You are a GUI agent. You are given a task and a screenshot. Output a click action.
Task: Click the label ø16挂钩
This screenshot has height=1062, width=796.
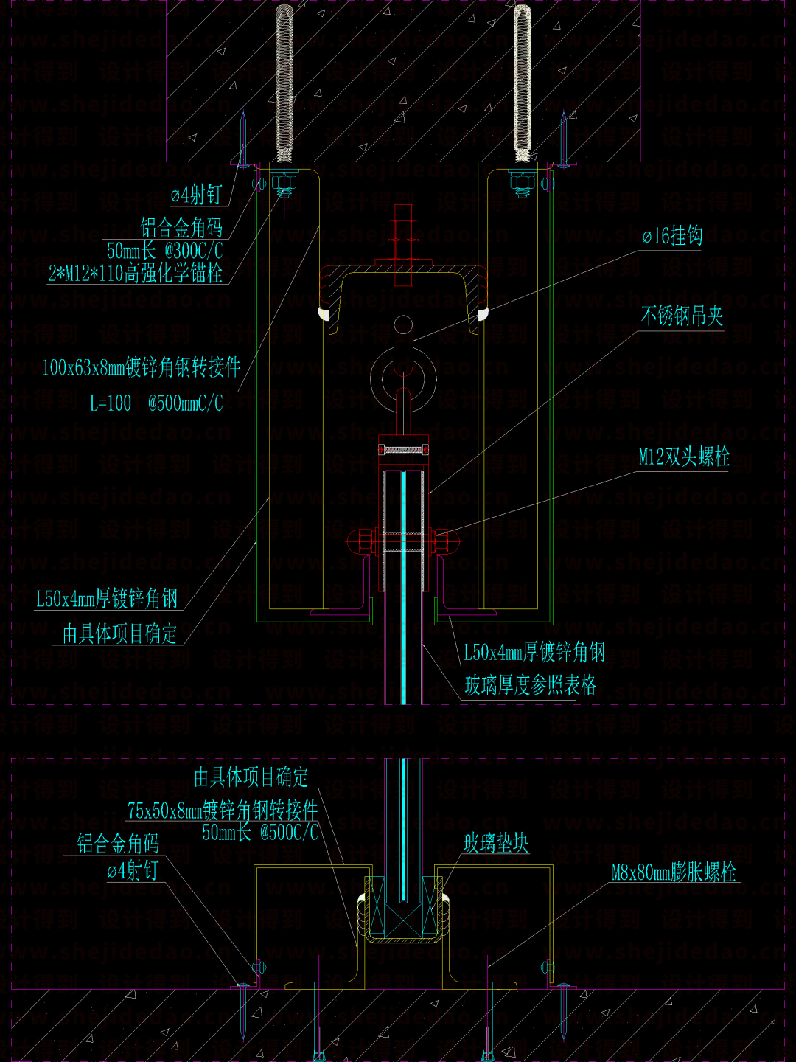(x=671, y=236)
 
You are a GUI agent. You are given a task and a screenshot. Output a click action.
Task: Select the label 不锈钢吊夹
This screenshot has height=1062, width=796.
(x=682, y=316)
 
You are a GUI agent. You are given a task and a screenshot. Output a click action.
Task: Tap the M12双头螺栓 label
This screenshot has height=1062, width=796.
(x=684, y=457)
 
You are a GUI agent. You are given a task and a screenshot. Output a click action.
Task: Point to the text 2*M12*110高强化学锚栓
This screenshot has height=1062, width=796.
(x=136, y=274)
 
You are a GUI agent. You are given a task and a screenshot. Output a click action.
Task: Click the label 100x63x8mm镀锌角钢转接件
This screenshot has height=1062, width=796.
(x=142, y=367)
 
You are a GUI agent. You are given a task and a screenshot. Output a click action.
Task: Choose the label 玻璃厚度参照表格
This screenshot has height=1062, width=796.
(x=530, y=685)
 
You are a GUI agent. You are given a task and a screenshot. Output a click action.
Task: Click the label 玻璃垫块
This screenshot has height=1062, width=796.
(x=496, y=843)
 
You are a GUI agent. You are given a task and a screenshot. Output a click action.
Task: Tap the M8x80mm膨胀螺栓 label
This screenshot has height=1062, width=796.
(x=674, y=872)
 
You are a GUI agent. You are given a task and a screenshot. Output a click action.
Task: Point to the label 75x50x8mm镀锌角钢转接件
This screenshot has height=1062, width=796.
(x=223, y=811)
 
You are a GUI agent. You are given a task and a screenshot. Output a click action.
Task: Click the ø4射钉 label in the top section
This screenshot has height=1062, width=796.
(x=196, y=195)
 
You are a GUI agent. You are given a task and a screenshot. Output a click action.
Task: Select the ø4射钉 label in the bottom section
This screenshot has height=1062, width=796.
(x=133, y=871)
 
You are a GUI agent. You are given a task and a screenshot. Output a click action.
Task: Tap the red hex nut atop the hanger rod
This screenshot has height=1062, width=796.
(x=403, y=229)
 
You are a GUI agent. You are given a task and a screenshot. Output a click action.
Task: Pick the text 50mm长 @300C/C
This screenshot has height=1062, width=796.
(x=164, y=250)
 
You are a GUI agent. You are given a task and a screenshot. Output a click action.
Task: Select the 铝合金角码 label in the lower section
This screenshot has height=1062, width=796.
(x=118, y=843)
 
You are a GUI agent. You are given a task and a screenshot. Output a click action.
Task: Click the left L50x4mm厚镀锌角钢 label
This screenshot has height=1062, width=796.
(x=107, y=598)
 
